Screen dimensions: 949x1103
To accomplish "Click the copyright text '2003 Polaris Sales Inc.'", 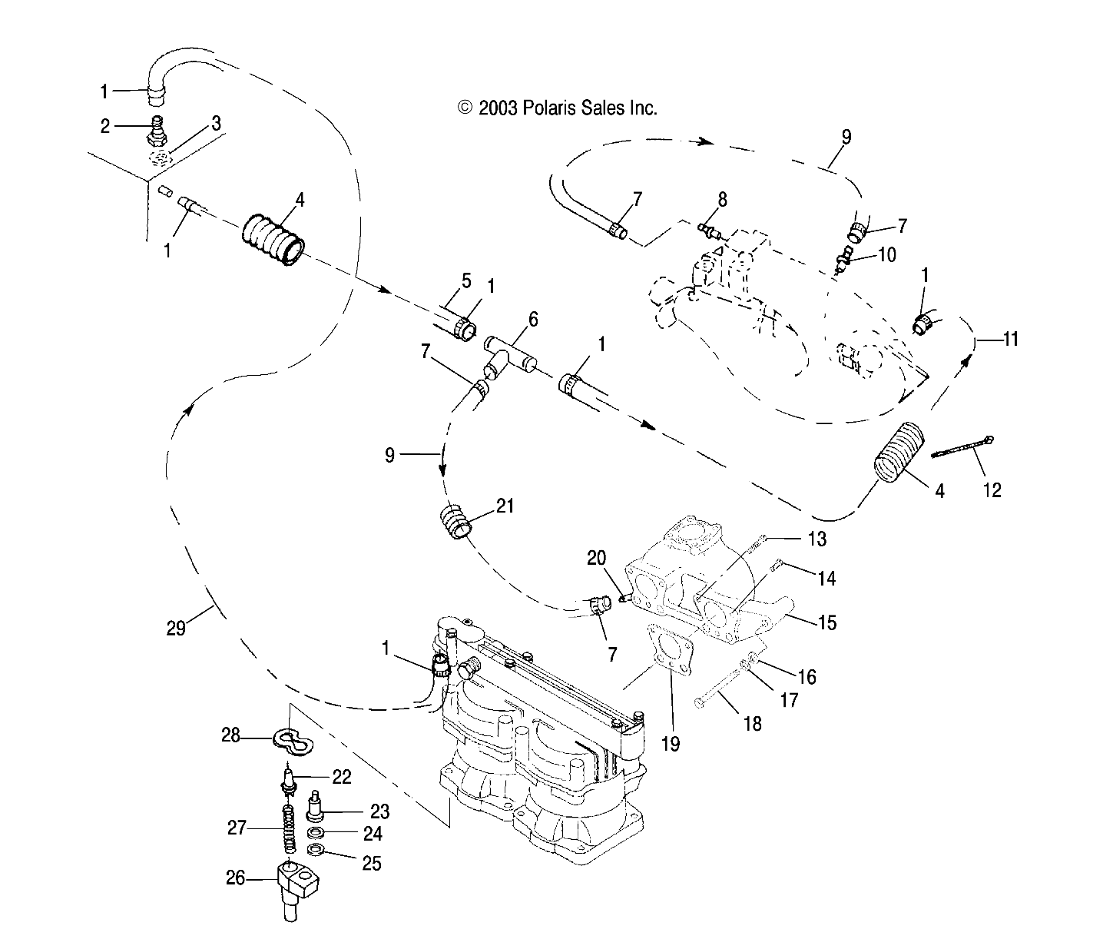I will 558,108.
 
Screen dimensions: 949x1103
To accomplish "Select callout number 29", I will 176,628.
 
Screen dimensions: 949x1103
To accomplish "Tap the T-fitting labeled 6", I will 510,353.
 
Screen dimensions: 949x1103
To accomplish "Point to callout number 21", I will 505,506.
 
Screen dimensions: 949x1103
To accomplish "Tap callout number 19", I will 671,744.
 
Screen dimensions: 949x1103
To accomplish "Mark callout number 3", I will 216,123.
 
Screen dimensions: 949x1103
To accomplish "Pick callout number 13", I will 816,539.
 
